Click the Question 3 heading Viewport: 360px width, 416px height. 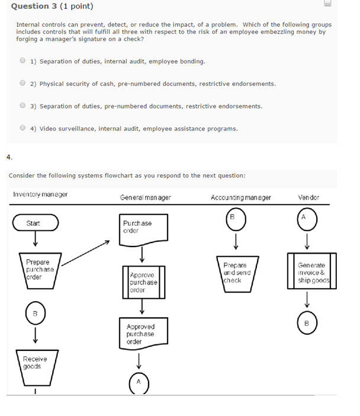click(x=52, y=7)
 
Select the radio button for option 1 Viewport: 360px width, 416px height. click(x=22, y=60)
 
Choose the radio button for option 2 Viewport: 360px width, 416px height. click(x=22, y=84)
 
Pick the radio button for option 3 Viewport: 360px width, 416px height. click(x=22, y=105)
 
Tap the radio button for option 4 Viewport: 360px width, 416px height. click(x=22, y=127)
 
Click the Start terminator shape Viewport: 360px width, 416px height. click(x=35, y=223)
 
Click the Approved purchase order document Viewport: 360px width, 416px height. click(x=140, y=334)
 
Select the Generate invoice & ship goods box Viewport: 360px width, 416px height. click(x=311, y=272)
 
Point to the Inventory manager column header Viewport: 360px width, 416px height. click(x=40, y=195)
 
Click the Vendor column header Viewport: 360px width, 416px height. click(x=308, y=197)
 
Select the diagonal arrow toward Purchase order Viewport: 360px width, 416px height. click(x=85, y=252)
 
